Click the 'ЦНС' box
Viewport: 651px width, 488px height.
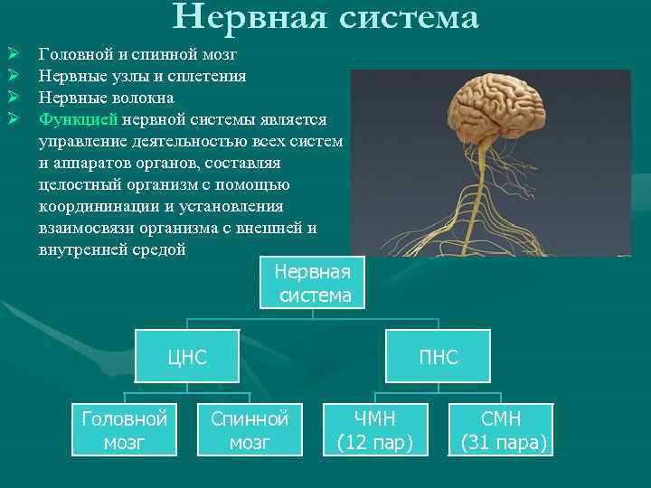(187, 357)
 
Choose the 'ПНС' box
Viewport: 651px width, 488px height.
(439, 357)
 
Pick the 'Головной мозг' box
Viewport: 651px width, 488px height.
(124, 430)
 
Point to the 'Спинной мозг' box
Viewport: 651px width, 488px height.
(250, 430)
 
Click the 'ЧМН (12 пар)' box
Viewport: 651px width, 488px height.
(375, 430)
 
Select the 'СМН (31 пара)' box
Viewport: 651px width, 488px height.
(502, 430)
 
